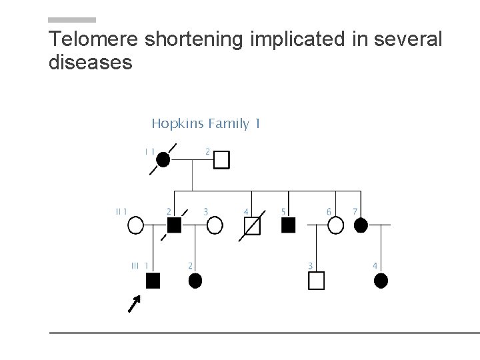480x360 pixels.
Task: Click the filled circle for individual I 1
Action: pos(163,159)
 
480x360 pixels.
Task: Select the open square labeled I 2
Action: pos(222,159)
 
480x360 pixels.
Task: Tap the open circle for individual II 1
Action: pos(135,225)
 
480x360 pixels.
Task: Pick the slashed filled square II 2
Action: pos(174,225)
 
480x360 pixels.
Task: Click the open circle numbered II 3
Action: pos(215,225)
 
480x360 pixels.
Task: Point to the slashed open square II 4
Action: pos(252,226)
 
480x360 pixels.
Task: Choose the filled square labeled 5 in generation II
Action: pos(289,225)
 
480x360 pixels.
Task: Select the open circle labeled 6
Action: pos(336,225)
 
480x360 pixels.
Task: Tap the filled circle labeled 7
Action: pos(361,225)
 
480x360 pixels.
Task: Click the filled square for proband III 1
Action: pos(153,281)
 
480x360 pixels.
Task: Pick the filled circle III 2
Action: pos(195,281)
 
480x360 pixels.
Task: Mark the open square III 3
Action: pos(316,281)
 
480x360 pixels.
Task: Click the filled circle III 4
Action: pos(381,281)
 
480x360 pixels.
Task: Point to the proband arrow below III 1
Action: pos(135,305)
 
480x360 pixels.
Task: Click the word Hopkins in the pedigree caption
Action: pos(177,123)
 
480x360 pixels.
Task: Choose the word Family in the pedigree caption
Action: pos(229,123)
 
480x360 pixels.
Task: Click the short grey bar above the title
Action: pos(73,20)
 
